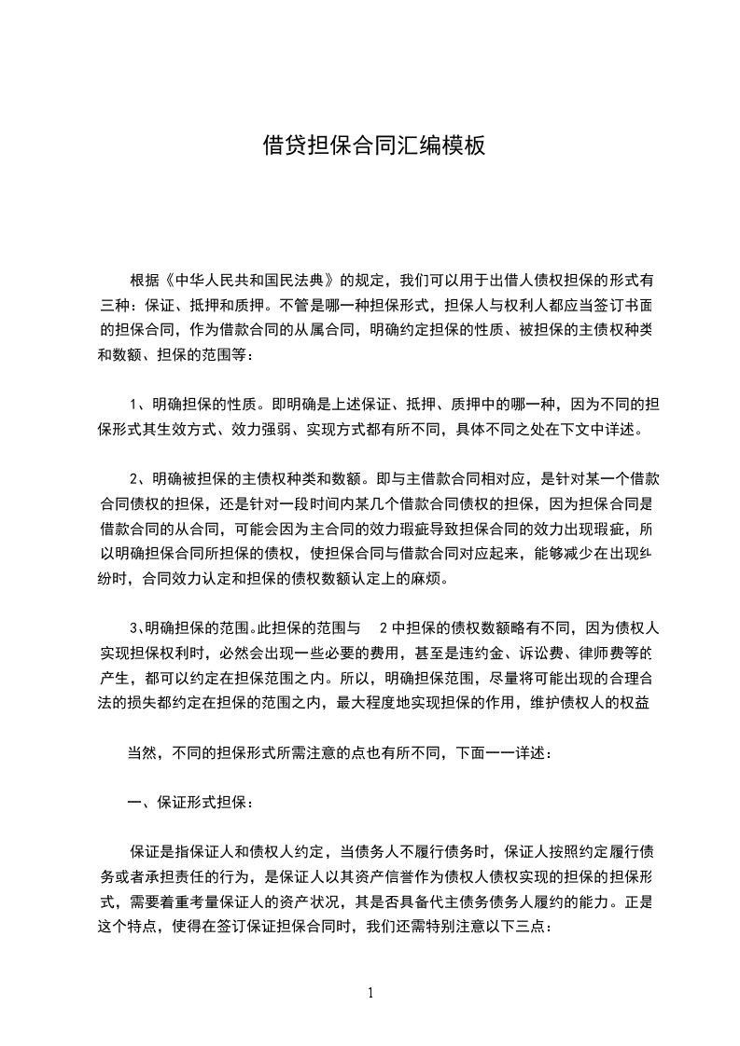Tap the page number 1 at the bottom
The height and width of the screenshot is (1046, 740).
(371, 993)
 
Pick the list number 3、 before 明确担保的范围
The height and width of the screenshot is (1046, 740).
(138, 625)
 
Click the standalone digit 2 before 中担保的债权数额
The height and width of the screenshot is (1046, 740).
(383, 625)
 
